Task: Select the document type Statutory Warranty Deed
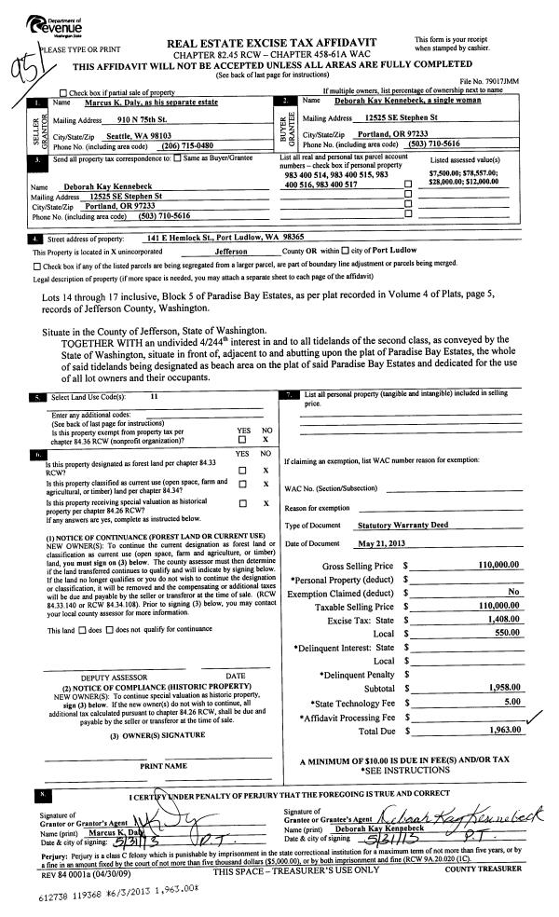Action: point(402,525)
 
